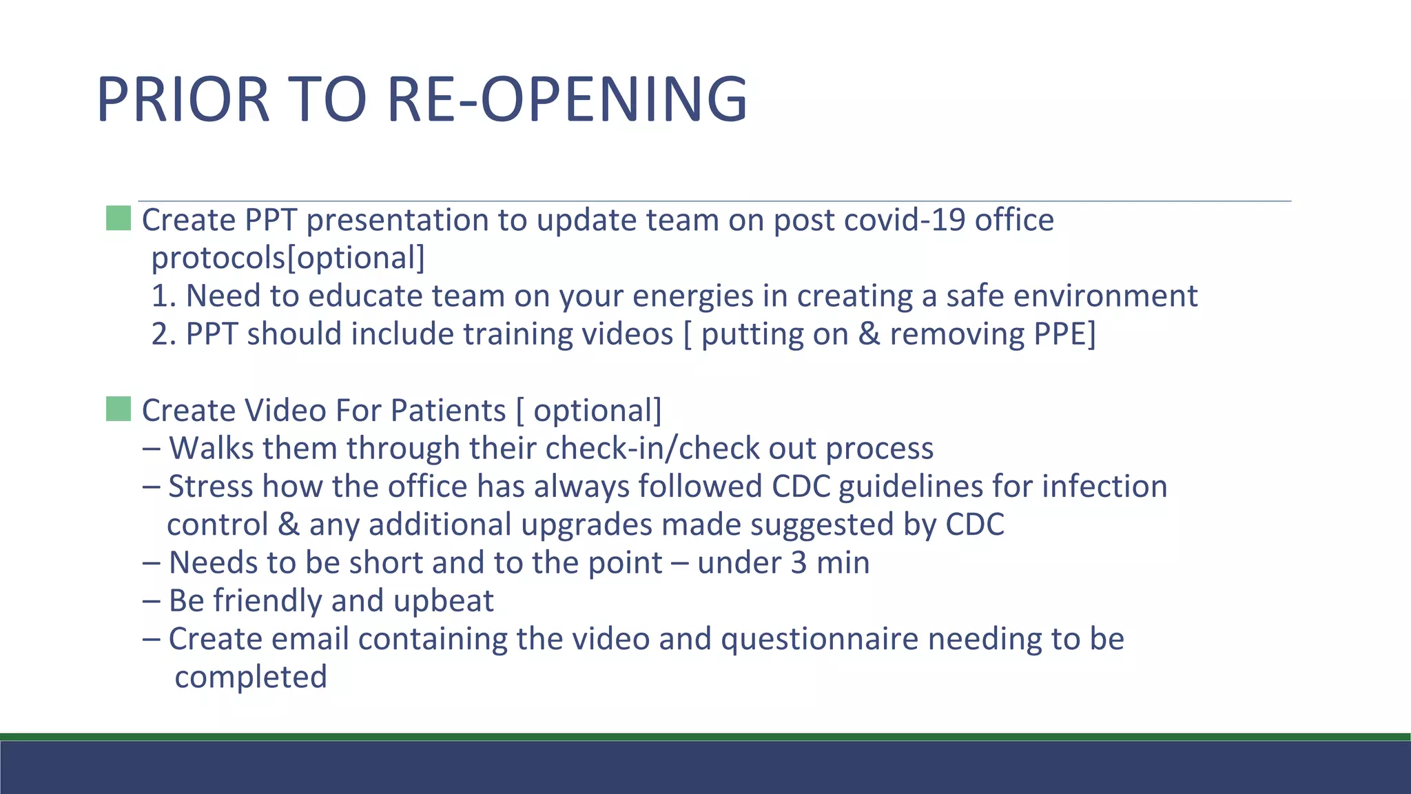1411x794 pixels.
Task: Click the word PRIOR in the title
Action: (183, 100)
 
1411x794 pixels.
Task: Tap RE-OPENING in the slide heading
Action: (567, 100)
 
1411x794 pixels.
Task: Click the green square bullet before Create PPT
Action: (119, 218)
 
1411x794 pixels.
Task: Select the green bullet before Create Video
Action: (119, 409)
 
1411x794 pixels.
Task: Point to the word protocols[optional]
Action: (288, 258)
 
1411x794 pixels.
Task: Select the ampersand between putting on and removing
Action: (869, 334)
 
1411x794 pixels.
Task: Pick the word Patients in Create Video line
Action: (448, 411)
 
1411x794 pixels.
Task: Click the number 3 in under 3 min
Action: (799, 563)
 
